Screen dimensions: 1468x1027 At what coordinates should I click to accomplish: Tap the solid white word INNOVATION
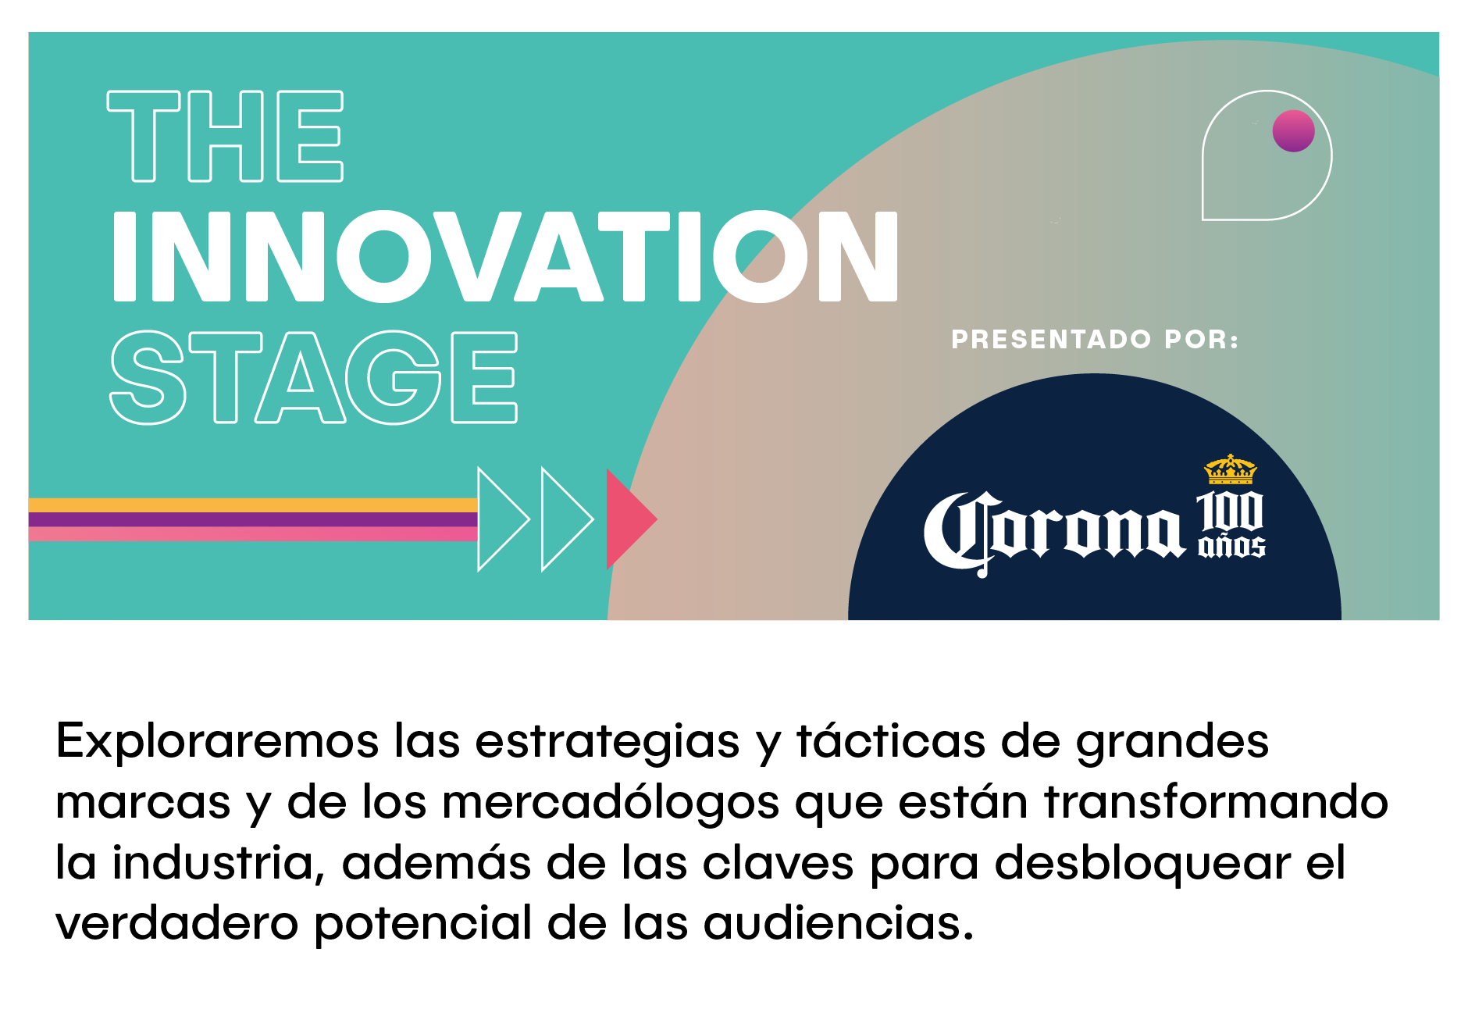point(506,256)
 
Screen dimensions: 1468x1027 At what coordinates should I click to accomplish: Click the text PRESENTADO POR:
point(1095,340)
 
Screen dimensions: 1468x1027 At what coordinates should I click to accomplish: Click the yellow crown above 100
point(1231,469)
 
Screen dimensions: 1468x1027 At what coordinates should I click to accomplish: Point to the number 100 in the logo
point(1230,512)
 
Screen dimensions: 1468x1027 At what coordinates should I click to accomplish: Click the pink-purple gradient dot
point(1293,130)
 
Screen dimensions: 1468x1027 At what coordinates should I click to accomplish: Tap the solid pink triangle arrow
point(629,519)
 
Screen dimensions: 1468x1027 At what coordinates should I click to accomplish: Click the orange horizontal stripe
point(253,505)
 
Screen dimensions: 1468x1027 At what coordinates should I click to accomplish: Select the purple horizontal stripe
point(253,519)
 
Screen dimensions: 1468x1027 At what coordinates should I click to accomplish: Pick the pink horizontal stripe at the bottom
point(253,534)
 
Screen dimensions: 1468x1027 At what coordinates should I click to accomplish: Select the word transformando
point(1216,802)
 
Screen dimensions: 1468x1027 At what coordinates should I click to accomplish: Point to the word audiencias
point(839,923)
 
